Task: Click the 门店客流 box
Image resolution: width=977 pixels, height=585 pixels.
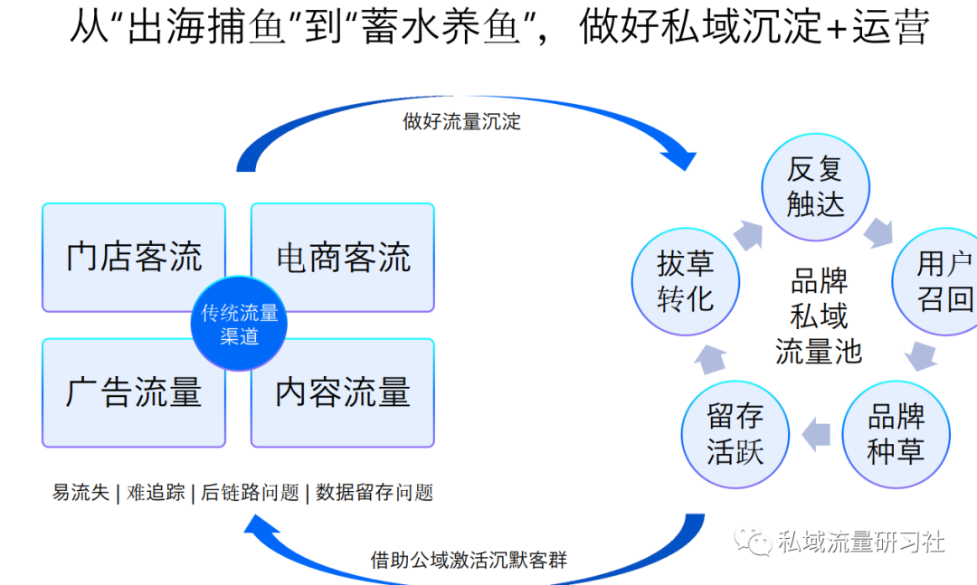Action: [x=134, y=257]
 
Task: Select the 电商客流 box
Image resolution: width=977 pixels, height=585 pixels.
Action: [x=343, y=257]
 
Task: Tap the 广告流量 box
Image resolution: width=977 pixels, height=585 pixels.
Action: [x=134, y=392]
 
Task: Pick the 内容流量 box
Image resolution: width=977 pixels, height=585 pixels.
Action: [x=343, y=392]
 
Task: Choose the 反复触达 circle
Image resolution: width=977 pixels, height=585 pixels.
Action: [x=815, y=187]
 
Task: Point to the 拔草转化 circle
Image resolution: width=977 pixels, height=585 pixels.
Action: [x=685, y=281]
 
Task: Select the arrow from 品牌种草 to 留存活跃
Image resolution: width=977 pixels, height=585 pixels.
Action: [x=816, y=433]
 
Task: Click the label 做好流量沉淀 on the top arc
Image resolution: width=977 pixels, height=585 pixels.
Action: [x=461, y=121]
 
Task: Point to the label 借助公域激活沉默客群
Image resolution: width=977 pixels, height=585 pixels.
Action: [x=469, y=559]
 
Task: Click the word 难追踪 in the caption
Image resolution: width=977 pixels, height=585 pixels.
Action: [x=156, y=493]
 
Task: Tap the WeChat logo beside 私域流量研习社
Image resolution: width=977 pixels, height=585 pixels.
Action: [x=754, y=541]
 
